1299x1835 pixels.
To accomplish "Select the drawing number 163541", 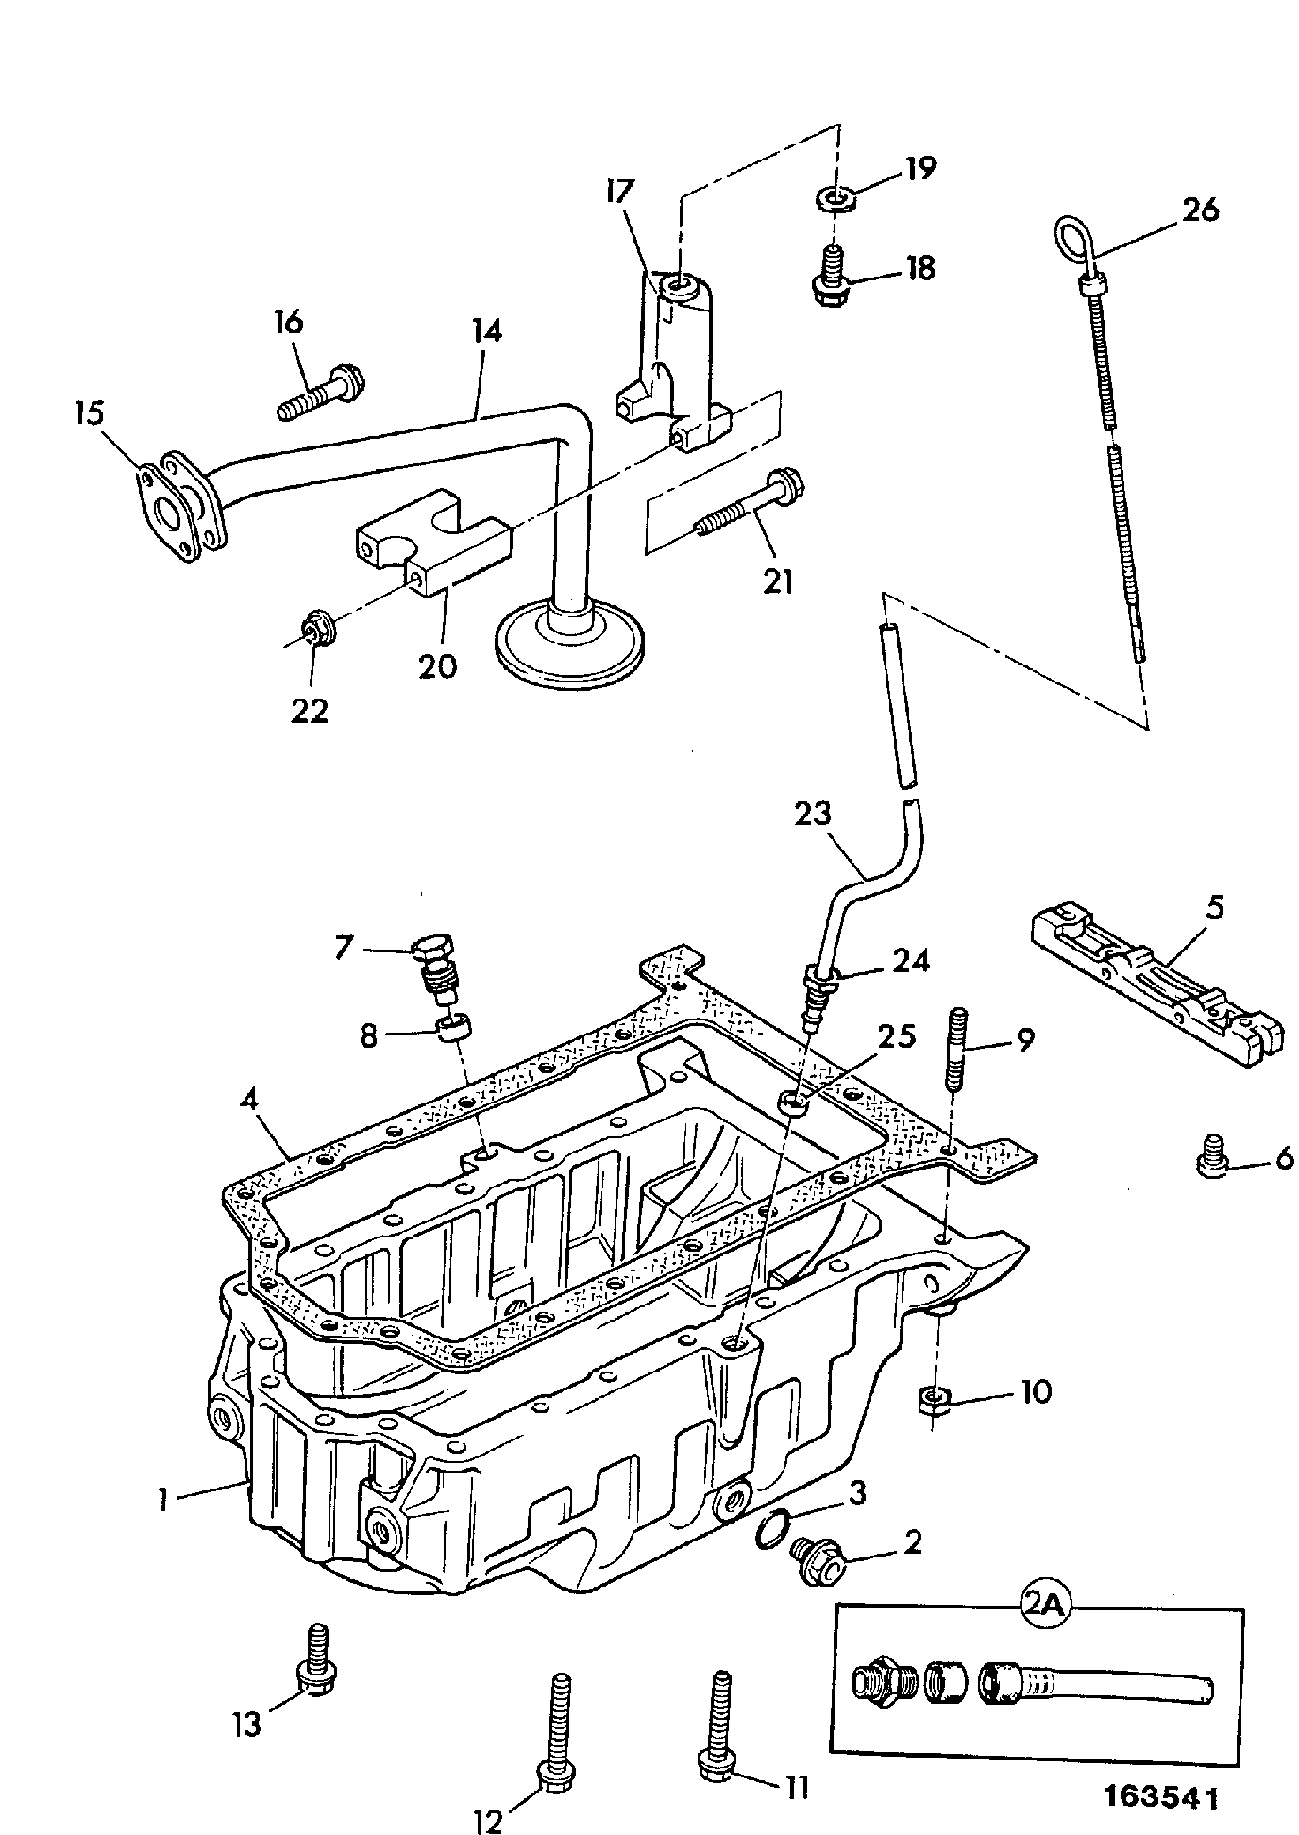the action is (x=1162, y=1796).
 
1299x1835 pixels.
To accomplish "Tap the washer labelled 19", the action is (x=835, y=198).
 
